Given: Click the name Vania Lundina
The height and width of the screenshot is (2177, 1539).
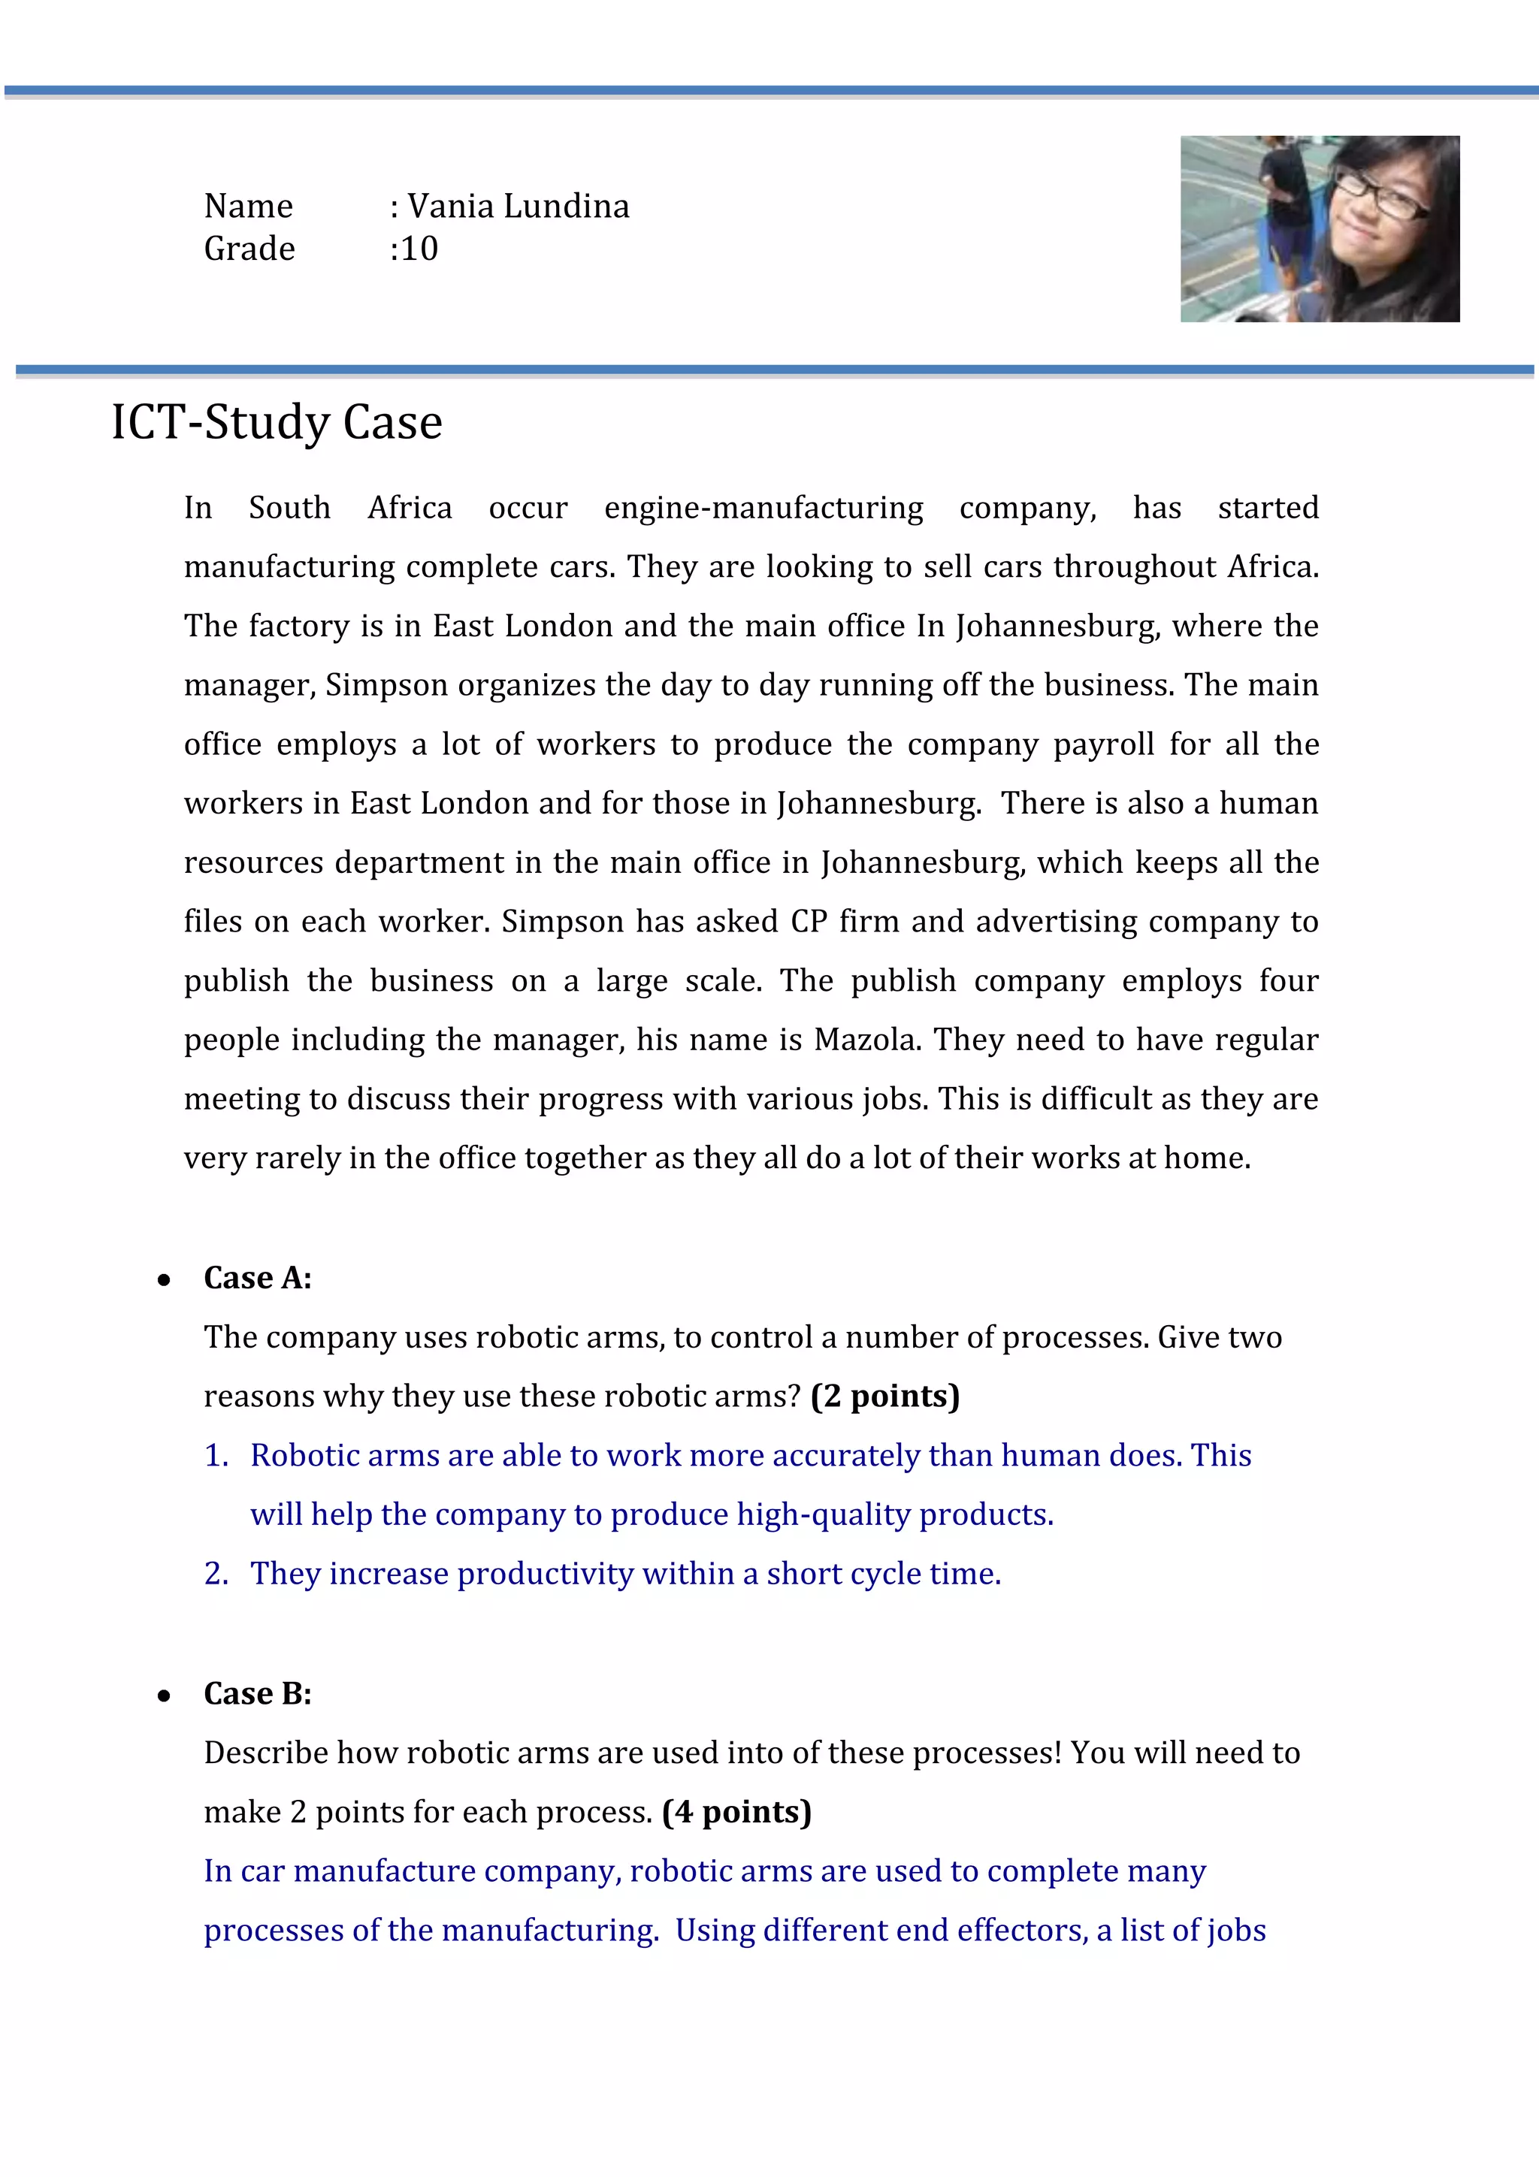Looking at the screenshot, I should click(x=518, y=206).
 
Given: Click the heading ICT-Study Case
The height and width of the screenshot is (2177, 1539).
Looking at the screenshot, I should click(x=277, y=422).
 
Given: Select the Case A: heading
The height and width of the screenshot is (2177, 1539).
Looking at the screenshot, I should click(x=258, y=1277).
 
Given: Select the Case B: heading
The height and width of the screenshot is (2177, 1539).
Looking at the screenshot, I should click(x=258, y=1692).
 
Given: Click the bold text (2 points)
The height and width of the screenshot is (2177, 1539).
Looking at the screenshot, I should click(x=884, y=1396).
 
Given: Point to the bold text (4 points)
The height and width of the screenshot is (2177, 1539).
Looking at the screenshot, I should click(x=736, y=1811).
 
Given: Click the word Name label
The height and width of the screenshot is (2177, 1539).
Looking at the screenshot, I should click(x=249, y=206).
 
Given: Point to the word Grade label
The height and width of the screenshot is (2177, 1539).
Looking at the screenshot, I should click(x=249, y=249).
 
